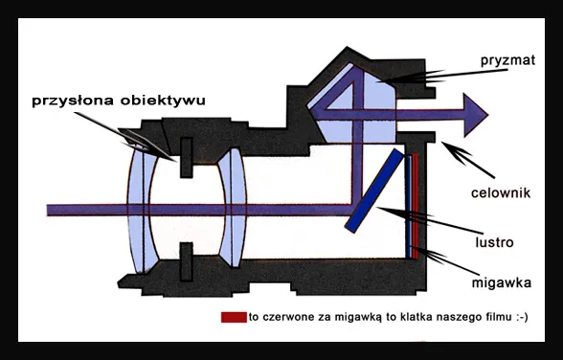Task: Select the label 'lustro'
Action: (498, 242)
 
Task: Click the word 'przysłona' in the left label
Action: (68, 99)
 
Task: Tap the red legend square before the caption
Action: (233, 317)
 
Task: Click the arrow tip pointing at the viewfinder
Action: (442, 144)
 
